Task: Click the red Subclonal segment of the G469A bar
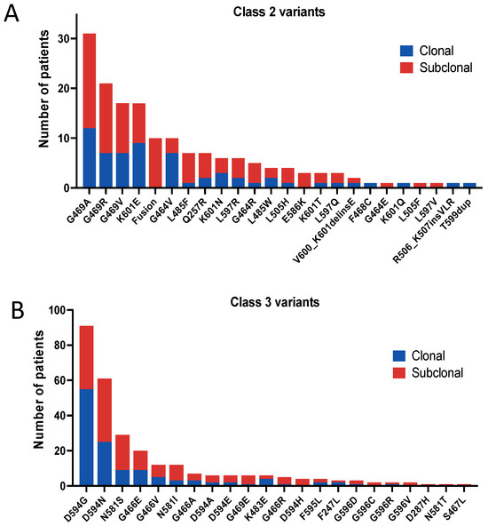(90, 80)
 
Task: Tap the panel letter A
(12, 15)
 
